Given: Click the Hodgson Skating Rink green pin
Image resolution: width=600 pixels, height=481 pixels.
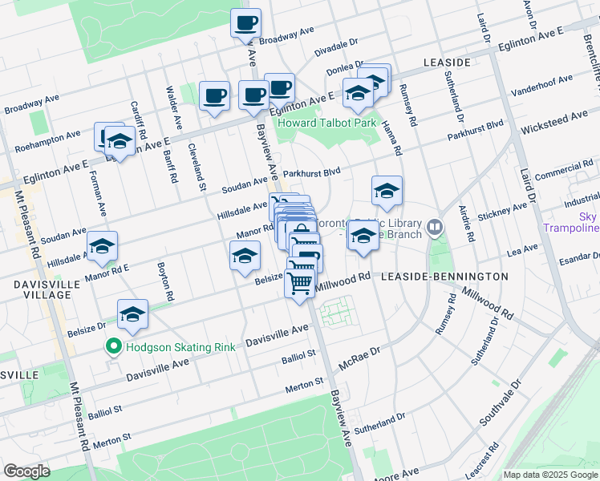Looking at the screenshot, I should pyautogui.click(x=114, y=347).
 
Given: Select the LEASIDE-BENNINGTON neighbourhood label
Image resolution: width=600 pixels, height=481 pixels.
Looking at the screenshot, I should pyautogui.click(x=444, y=277).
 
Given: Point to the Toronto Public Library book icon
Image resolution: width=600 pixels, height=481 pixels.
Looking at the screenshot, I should pyautogui.click(x=435, y=228).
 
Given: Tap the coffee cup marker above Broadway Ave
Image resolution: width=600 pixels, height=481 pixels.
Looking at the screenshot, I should pyautogui.click(x=245, y=23).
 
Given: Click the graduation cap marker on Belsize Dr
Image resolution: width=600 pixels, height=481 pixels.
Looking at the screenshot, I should pyautogui.click(x=133, y=314).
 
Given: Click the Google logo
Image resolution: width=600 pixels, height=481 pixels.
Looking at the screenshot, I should pyautogui.click(x=26, y=471).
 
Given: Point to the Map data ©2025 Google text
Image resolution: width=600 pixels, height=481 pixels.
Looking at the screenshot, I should pyautogui.click(x=549, y=475).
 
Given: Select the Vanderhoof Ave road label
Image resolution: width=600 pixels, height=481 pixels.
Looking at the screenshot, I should pyautogui.click(x=543, y=85).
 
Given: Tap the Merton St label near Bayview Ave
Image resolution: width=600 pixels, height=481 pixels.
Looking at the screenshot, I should pyautogui.click(x=305, y=388).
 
